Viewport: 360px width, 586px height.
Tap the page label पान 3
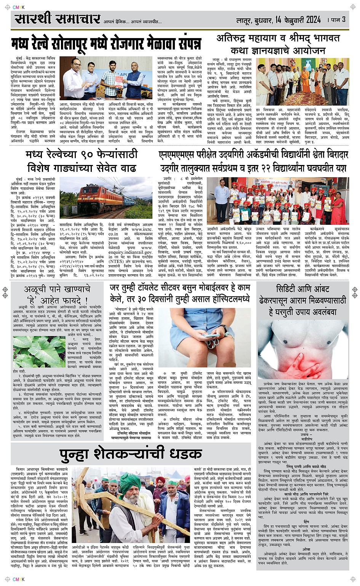[337, 19]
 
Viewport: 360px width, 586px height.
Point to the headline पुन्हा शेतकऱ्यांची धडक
[131, 454]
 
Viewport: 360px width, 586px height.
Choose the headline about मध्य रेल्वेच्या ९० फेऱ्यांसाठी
[82, 161]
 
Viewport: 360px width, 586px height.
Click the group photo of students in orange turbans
[277, 201]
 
